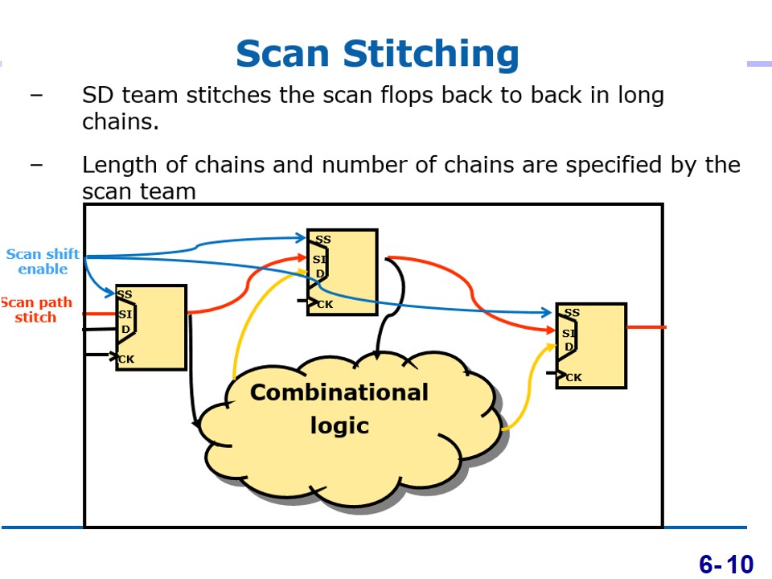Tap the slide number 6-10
pos(725,565)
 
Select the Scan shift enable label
pos(43,261)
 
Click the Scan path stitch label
pos(36,310)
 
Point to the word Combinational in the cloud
pos(339,392)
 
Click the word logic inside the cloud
pos(339,426)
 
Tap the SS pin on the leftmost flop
pos(125,294)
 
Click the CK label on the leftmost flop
pos(126,359)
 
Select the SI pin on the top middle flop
pos(319,259)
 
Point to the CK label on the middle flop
pos(325,304)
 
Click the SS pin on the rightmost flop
pos(572,313)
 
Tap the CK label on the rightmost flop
pos(573,378)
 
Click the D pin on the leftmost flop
pos(125,329)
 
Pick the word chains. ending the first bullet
pos(121,121)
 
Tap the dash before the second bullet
pos(36,164)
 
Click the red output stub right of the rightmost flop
pos(647,327)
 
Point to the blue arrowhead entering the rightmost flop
pos(546,312)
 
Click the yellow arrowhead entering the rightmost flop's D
pos(551,347)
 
